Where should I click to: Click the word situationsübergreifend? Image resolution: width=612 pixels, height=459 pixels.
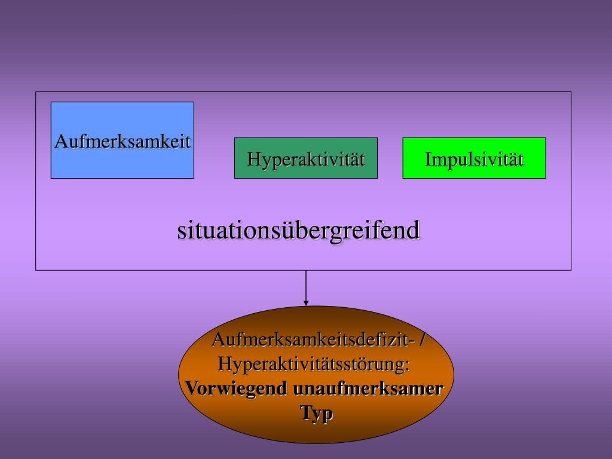tap(298, 231)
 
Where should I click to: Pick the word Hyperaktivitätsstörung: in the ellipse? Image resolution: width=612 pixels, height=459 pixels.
tap(314, 363)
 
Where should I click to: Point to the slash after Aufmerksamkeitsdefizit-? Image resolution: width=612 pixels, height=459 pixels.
tap(423, 339)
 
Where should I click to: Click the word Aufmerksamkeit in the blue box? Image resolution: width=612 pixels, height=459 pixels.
tap(123, 142)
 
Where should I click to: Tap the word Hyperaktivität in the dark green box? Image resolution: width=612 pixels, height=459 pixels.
tap(306, 160)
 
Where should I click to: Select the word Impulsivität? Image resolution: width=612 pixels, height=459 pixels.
tap(475, 160)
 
